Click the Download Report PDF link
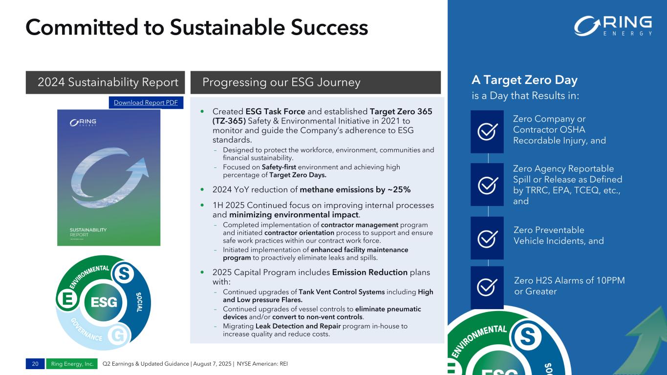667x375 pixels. click(x=146, y=103)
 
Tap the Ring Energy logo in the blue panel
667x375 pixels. click(x=613, y=26)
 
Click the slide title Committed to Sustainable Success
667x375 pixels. click(x=197, y=27)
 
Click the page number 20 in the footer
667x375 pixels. click(x=35, y=364)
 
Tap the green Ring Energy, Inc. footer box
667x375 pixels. click(x=72, y=364)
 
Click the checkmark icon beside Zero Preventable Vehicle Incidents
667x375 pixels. click(x=487, y=238)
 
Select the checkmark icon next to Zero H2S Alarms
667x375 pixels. click(x=487, y=287)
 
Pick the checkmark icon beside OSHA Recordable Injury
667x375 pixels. click(x=487, y=131)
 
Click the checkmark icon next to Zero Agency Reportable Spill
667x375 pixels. click(x=487, y=185)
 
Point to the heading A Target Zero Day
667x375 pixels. click(x=525, y=80)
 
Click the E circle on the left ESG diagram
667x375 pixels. click(x=67, y=298)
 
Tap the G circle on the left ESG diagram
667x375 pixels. click(x=119, y=335)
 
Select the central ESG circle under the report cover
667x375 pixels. click(x=103, y=302)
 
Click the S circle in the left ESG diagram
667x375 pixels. click(x=124, y=273)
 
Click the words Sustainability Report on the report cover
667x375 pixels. click(x=88, y=232)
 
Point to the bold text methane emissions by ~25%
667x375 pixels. click(x=355, y=189)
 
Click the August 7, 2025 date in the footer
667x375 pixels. click(x=212, y=364)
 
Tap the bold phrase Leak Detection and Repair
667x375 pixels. click(x=298, y=326)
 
